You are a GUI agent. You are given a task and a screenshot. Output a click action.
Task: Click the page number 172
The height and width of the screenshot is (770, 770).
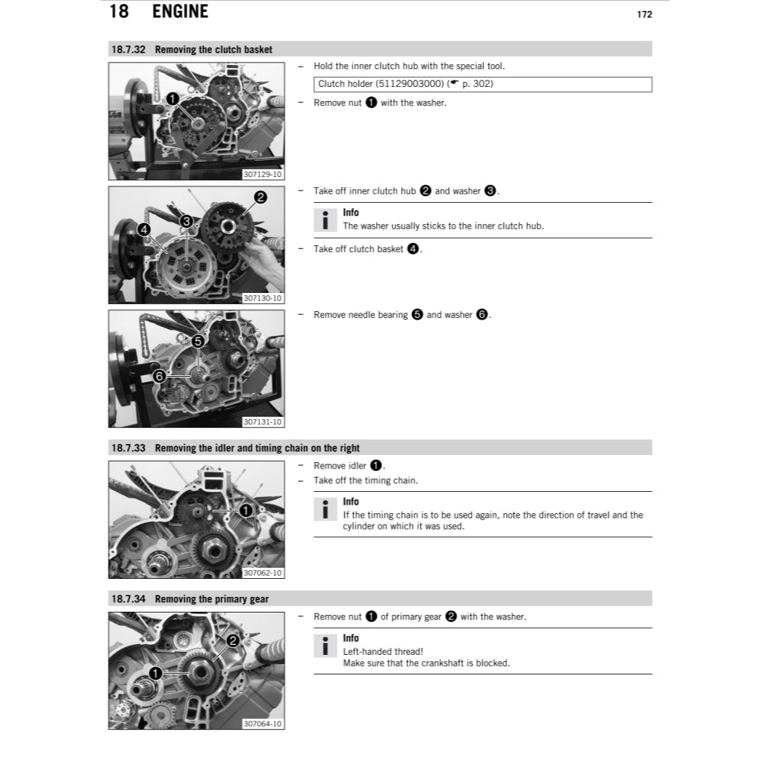coord(644,14)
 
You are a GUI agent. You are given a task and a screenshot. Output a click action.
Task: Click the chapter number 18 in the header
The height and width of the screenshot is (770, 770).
coord(118,12)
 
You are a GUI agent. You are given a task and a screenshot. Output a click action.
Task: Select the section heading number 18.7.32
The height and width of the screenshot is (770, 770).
coord(129,49)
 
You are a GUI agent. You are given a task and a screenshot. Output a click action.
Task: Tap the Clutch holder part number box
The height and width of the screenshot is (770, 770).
coord(483,84)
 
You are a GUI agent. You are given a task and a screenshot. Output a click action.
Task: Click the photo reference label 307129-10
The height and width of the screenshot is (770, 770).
coord(262,174)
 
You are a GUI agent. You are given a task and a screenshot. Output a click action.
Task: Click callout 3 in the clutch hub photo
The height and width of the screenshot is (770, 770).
coord(186,221)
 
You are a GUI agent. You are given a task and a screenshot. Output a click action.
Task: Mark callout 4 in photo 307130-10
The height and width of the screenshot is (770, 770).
coord(143,230)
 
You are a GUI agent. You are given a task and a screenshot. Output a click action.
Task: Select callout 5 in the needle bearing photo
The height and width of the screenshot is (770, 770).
coord(197,342)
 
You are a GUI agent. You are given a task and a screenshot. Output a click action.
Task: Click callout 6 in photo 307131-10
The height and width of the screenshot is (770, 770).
coord(160,376)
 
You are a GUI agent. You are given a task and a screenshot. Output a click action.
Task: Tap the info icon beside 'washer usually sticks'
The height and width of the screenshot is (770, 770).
coord(325,220)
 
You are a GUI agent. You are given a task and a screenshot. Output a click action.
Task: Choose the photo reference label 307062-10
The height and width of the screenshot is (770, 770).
coord(262,573)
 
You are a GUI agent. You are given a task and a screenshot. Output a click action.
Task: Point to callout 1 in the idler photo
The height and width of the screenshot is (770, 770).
coord(245,511)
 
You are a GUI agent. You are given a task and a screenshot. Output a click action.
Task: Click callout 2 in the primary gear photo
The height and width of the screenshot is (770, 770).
coord(232,641)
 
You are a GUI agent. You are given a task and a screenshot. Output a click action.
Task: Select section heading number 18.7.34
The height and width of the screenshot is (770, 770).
coord(129,599)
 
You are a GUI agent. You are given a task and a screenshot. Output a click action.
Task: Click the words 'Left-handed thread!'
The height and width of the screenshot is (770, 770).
coord(383,651)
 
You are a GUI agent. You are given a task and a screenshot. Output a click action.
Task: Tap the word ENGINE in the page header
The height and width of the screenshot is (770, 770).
coord(180,12)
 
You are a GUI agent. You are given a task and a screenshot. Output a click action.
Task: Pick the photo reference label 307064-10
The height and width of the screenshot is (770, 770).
coord(262,724)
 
